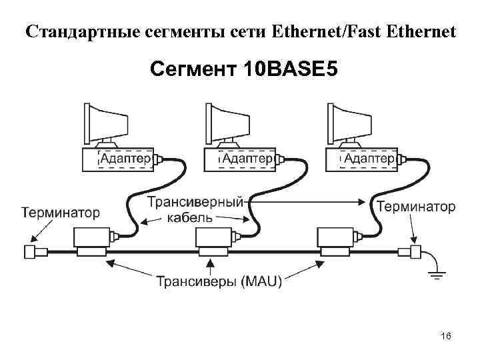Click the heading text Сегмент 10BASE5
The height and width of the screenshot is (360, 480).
[x=240, y=69]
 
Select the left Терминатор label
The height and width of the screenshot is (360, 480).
[x=61, y=213]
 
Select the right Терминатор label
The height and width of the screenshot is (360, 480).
[x=416, y=207]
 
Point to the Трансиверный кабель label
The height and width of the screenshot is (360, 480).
[x=193, y=209]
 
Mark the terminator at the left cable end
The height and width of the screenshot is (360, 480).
[x=31, y=252]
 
